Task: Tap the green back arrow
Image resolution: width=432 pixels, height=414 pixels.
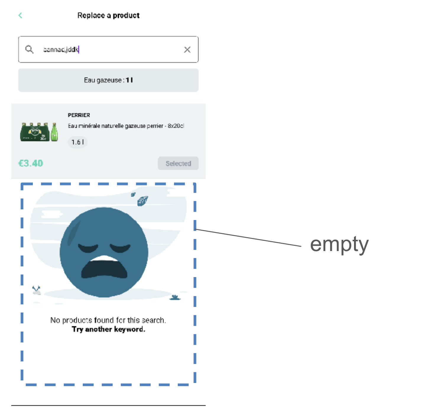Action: [x=20, y=15]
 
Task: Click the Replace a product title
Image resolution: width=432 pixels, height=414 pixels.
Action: [x=108, y=15]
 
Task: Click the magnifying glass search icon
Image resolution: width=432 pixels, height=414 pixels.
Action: [x=29, y=49]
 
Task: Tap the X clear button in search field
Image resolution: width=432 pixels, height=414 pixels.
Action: [x=187, y=50]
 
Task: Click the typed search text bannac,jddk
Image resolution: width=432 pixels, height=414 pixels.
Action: [x=61, y=49]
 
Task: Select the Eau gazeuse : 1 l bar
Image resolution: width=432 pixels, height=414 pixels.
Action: [x=108, y=80]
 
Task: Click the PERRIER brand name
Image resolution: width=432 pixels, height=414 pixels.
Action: [x=79, y=115]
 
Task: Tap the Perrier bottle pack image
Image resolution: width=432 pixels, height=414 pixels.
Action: [x=39, y=132]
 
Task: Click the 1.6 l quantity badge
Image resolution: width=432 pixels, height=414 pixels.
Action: [x=78, y=142]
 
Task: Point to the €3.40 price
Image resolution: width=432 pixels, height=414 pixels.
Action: [x=31, y=163]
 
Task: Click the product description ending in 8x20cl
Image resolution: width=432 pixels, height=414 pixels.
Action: [x=126, y=126]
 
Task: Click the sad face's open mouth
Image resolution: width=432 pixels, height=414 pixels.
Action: [x=104, y=268]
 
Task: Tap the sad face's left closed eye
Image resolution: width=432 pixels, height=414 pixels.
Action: [x=88, y=248]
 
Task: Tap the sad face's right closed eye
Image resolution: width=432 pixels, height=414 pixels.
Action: [x=120, y=248]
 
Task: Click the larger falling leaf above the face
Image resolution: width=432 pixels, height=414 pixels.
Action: [x=142, y=201]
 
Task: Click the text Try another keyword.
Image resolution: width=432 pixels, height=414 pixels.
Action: [x=108, y=329]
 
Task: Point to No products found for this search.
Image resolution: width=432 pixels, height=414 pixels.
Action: [x=108, y=320]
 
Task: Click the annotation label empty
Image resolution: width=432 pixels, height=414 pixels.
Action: [x=339, y=245]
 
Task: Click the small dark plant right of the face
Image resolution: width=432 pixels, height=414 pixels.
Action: [x=175, y=297]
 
